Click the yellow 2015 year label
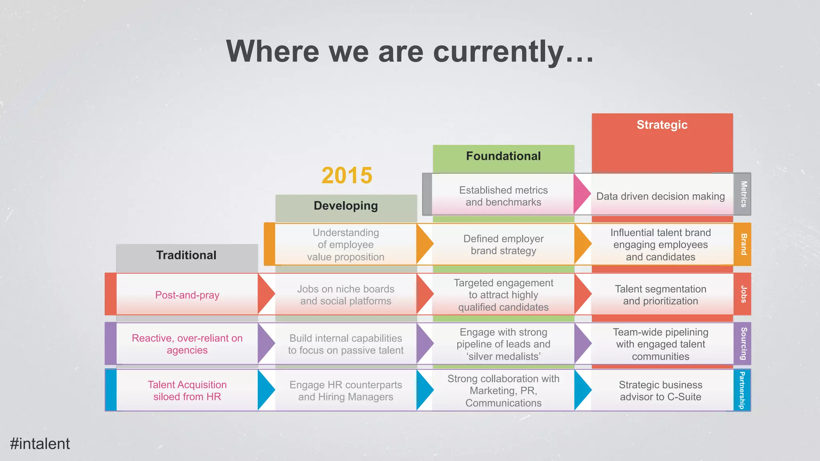tap(347, 176)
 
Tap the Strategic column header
tap(662, 125)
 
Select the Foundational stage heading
tap(503, 156)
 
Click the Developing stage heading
tap(346, 206)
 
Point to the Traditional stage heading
tap(186, 255)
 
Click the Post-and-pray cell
tap(187, 295)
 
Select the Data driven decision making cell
tap(660, 196)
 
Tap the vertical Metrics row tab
tap(743, 194)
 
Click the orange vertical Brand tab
tap(743, 244)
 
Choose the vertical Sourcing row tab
tap(743, 344)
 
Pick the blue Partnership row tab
tap(742, 390)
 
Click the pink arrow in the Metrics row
tap(581, 194)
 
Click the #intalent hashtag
tap(40, 444)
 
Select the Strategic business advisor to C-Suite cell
tap(660, 391)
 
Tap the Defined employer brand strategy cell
tap(503, 245)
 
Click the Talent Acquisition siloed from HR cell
tap(187, 391)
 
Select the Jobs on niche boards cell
tap(346, 295)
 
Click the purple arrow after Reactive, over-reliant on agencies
tap(265, 343)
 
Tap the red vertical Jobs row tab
tap(743, 294)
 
